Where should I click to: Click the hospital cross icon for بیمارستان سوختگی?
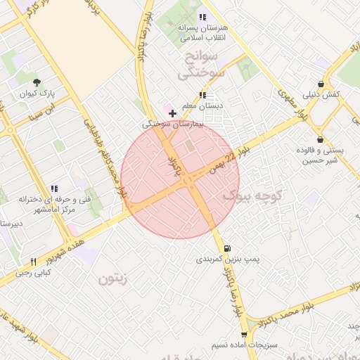click(173, 112)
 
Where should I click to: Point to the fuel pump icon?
click(226, 248)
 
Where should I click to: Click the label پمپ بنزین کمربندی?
click(227, 259)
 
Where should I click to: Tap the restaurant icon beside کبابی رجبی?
click(33, 262)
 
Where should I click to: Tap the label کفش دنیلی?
click(321, 94)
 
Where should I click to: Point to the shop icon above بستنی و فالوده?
click(321, 139)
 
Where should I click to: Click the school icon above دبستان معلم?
click(202, 95)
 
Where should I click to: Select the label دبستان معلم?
click(202, 106)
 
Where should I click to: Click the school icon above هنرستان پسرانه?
click(202, 16)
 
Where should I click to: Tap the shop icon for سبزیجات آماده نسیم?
click(244, 335)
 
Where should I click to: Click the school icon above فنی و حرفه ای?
click(54, 188)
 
